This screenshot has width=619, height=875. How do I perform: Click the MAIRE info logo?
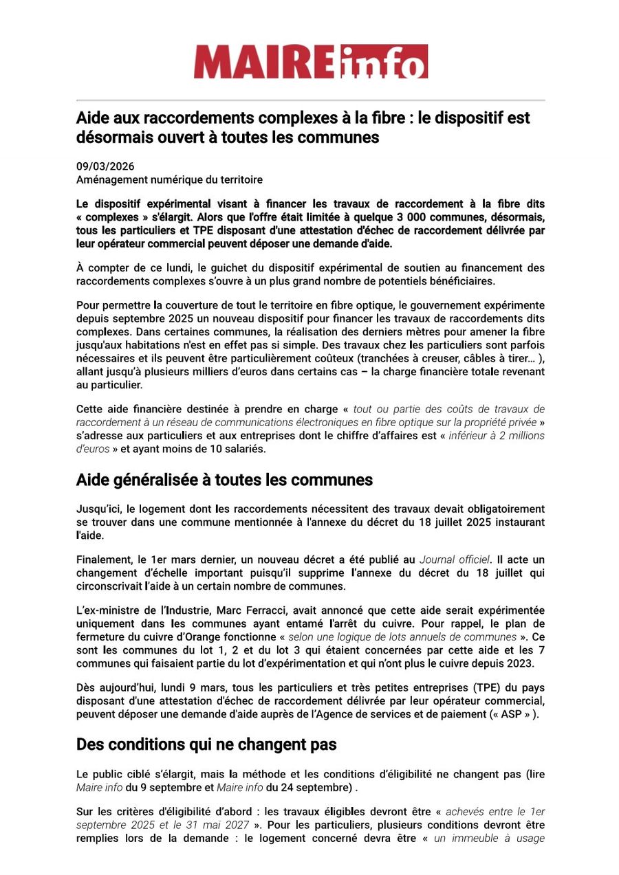click(310, 62)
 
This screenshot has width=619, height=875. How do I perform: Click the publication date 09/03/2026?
click(105, 167)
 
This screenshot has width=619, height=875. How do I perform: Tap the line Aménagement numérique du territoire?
click(169, 180)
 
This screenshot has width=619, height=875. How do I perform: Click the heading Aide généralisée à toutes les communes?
click(224, 480)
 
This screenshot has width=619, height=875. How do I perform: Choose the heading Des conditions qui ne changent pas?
click(206, 744)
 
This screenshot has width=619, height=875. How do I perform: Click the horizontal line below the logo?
click(310, 100)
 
